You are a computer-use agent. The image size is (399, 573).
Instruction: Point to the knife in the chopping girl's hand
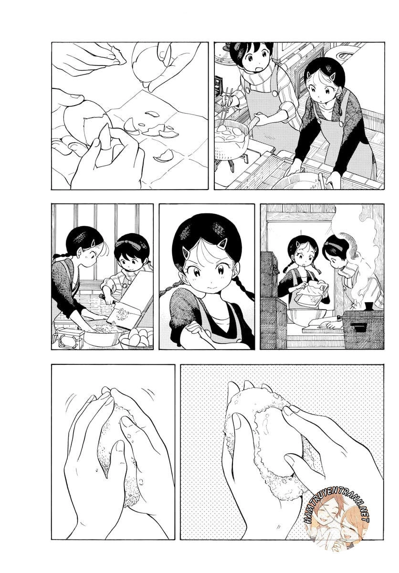(x=101, y=297)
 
